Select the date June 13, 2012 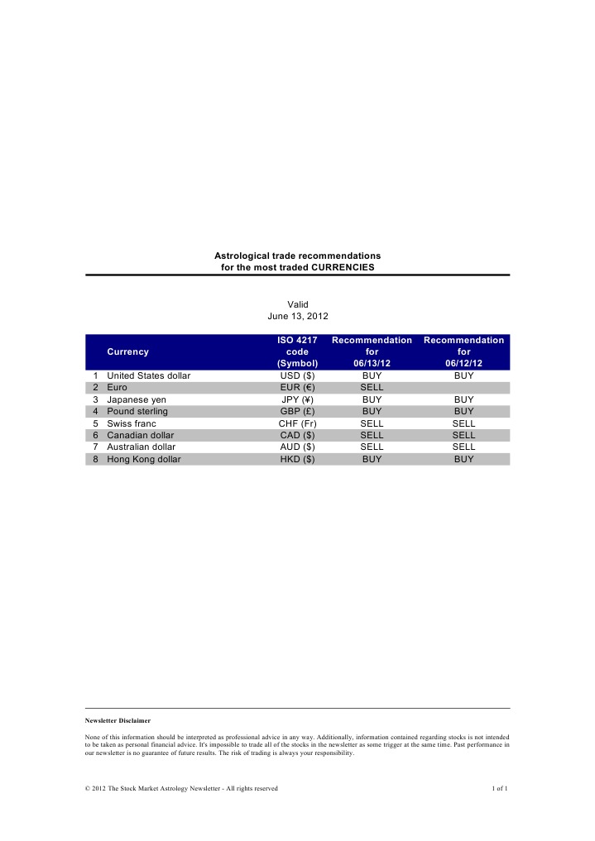297,316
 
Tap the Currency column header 128,351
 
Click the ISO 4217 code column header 297,351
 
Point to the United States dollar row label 149,375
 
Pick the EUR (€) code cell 297,387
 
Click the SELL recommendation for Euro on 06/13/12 372,387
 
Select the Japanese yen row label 137,399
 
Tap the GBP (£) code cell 297,410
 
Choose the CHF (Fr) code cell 297,423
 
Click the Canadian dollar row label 141,434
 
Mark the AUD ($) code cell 297,447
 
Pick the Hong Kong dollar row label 144,458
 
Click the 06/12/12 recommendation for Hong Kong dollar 463,458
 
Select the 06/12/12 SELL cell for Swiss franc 463,423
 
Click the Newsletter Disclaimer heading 118,721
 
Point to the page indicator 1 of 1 500,788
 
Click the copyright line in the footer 181,788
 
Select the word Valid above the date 297,304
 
